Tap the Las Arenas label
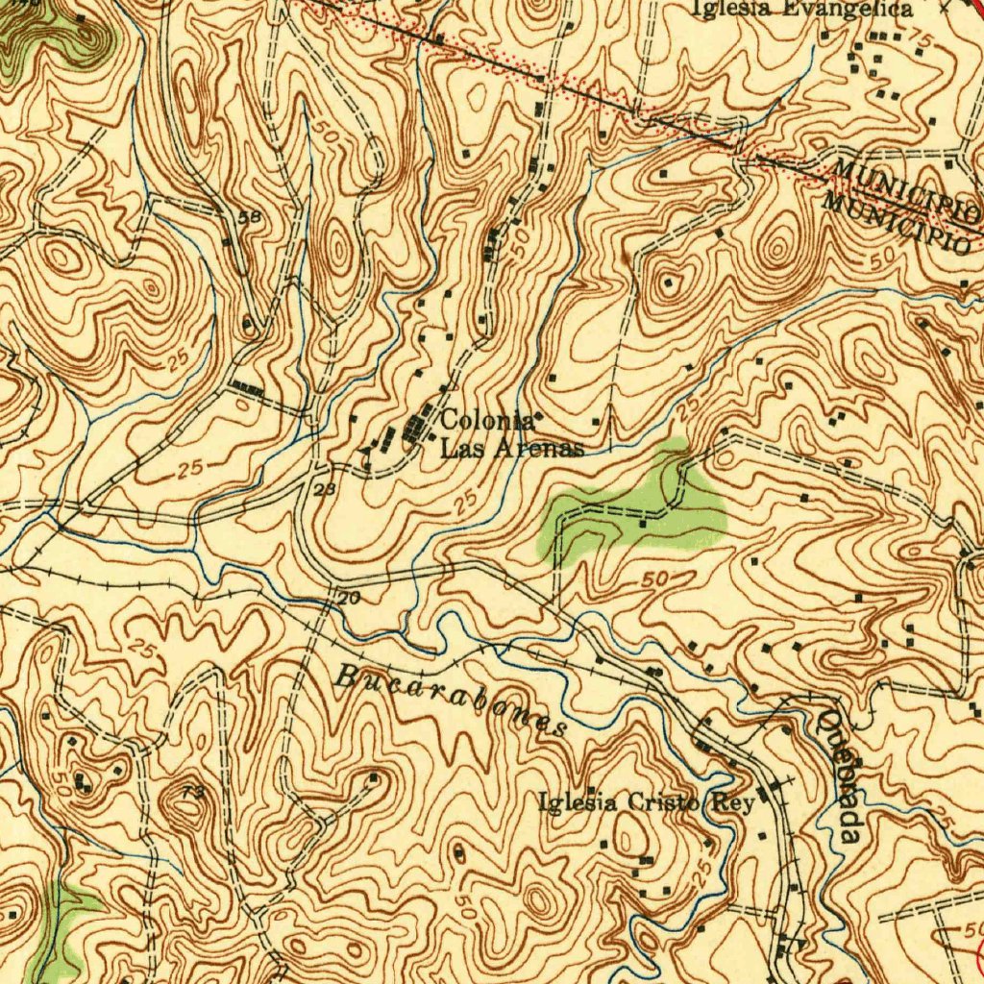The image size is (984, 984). coord(511,449)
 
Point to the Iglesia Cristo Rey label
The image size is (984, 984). coord(646,803)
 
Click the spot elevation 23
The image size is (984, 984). coord(324,490)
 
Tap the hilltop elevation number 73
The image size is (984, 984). coord(192,791)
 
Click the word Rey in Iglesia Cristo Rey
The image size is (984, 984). coord(734,804)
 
